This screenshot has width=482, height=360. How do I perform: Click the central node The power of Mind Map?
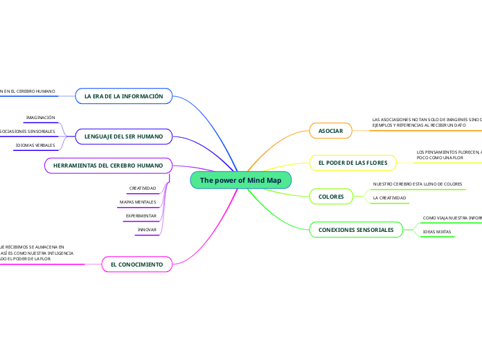[x=241, y=180]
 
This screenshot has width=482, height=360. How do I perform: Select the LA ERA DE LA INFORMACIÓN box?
[x=124, y=96]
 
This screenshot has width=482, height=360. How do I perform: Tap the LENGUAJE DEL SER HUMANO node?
[x=124, y=136]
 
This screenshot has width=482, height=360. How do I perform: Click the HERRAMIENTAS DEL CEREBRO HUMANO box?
[x=108, y=165]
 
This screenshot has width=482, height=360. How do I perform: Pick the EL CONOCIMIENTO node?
[x=137, y=264]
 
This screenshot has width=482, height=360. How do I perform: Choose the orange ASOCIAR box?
[x=330, y=130]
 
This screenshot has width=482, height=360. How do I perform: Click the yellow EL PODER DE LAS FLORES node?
[x=353, y=163]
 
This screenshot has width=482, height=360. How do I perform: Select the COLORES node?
[x=331, y=197]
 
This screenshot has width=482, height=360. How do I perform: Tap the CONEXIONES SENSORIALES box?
[x=356, y=229]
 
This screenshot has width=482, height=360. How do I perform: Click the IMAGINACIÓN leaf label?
[x=40, y=118]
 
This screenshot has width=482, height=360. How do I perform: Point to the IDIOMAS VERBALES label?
[x=35, y=145]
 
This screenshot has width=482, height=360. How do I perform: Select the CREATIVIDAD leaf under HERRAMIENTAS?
[x=143, y=188]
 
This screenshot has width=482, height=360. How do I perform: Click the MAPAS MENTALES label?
[x=138, y=202]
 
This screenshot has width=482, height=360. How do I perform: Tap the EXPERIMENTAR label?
[x=141, y=216]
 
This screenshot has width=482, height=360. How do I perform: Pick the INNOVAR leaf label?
[x=147, y=229]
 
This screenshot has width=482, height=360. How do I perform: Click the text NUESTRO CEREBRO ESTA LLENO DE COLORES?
[x=417, y=184]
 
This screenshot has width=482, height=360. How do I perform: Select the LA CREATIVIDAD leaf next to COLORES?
[x=389, y=198]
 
